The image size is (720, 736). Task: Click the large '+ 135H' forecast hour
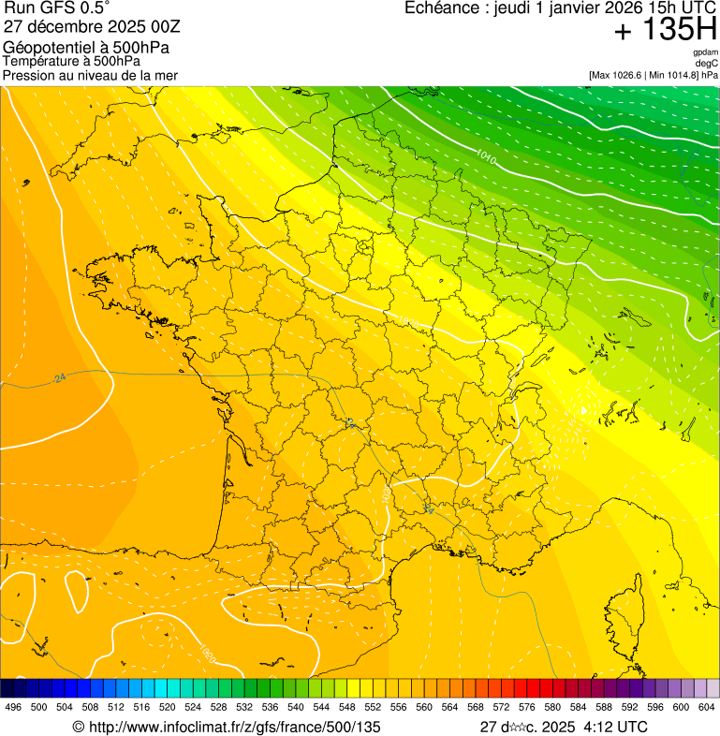666,30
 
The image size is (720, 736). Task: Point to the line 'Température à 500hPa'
71,61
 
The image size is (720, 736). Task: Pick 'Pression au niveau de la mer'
90,75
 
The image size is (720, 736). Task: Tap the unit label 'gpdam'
705,53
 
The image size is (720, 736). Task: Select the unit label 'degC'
707,64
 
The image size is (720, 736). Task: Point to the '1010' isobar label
486,155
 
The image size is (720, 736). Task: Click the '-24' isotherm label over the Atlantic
59,377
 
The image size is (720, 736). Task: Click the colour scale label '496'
13,707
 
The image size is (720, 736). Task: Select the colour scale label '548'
346,707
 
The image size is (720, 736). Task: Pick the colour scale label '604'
707,707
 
